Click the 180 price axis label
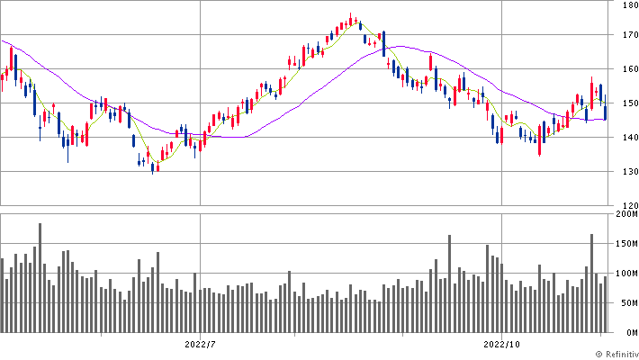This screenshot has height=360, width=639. [628, 5]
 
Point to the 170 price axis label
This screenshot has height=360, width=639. [628, 35]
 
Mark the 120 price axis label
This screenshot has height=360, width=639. [628, 205]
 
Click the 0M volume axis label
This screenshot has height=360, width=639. [630, 332]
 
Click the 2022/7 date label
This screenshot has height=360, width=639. [200, 344]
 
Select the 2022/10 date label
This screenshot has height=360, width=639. [502, 344]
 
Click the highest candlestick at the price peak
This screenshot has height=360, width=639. [351, 19]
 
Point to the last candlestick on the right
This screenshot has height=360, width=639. [606, 109]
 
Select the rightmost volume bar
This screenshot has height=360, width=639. [606, 303]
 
